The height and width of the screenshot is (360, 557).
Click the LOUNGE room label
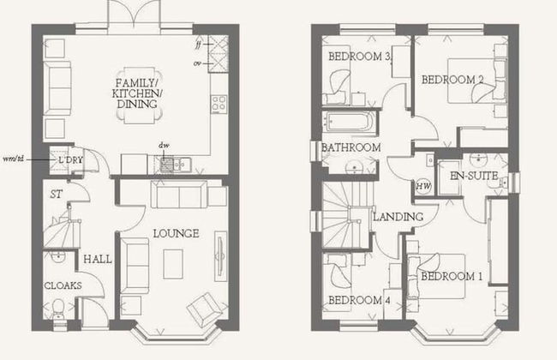click(176, 233)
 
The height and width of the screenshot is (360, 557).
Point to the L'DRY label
click(69, 160)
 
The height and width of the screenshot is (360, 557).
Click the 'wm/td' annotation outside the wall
click(15, 159)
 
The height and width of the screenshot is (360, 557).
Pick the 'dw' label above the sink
click(163, 146)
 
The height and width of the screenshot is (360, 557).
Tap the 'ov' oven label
click(198, 62)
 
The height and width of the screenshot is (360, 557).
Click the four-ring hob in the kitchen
click(219, 103)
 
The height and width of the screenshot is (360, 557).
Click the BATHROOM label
click(350, 148)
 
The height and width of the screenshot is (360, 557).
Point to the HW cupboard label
click(422, 185)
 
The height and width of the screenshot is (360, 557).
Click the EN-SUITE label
click(468, 176)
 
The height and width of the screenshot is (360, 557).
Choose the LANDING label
click(398, 217)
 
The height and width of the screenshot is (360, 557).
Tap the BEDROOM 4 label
click(358, 300)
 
